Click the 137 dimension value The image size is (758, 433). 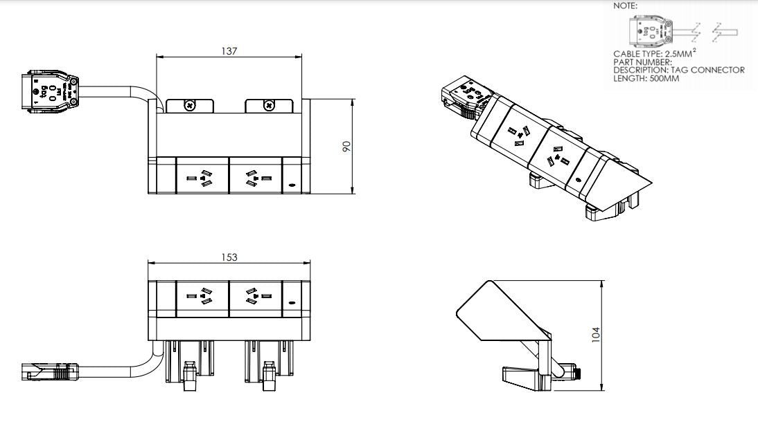pos(229,51)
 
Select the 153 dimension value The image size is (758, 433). pos(229,257)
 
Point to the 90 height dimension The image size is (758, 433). pos(347,146)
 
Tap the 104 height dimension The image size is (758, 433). pos(595,335)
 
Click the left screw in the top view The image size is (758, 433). pos(189,105)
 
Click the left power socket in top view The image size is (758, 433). pos(202,178)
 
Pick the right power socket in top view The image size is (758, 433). pos(256,178)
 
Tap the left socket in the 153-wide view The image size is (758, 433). pos(202,298)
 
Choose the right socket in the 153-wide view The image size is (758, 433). pos(256,298)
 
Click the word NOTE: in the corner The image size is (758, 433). pos(626,6)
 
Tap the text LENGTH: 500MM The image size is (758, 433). pos(646,78)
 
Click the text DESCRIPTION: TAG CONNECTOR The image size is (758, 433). pos(678,70)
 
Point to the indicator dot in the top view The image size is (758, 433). pos(291,185)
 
